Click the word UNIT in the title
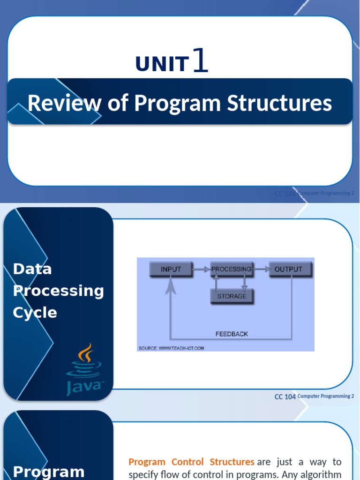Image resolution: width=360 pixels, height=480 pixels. (x=162, y=64)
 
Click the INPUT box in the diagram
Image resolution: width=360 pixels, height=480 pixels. (x=171, y=270)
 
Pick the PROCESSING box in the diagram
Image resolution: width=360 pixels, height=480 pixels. (x=231, y=270)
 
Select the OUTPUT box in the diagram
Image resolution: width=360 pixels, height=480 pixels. (x=288, y=270)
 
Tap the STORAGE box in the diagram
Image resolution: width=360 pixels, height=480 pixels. (x=232, y=296)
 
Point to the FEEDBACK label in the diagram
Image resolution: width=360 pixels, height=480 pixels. (x=232, y=334)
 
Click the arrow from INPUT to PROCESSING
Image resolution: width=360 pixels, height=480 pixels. (x=202, y=270)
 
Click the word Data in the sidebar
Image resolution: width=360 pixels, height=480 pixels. (x=32, y=269)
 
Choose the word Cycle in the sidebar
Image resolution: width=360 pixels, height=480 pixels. (x=35, y=313)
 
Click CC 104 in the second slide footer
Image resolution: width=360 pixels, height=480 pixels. (x=285, y=397)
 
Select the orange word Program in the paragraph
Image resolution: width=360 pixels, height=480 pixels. (x=147, y=462)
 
